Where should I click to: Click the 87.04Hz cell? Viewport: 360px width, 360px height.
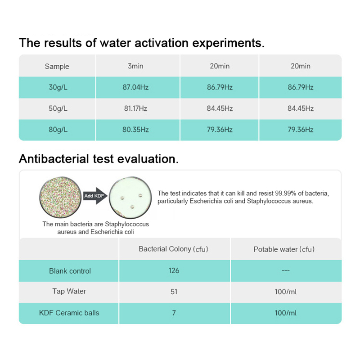pyautogui.click(x=135, y=87)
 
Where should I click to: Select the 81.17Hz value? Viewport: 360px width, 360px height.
pyautogui.click(x=135, y=108)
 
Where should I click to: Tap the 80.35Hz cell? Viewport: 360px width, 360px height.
pyautogui.click(x=135, y=130)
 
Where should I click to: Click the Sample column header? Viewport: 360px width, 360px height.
pyautogui.click(x=57, y=67)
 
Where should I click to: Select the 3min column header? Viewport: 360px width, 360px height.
pyautogui.click(x=135, y=66)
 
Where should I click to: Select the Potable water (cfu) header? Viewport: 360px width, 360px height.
pyautogui.click(x=284, y=249)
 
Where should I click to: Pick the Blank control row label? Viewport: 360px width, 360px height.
pyautogui.click(x=70, y=271)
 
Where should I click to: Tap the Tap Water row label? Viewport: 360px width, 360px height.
pyautogui.click(x=69, y=291)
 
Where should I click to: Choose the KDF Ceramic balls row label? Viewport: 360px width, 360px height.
pyautogui.click(x=69, y=313)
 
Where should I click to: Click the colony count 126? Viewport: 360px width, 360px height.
pyautogui.click(x=174, y=270)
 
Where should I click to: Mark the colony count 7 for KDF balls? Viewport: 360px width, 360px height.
pyautogui.click(x=174, y=313)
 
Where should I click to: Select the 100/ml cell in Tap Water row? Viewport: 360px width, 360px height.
pyautogui.click(x=286, y=292)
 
